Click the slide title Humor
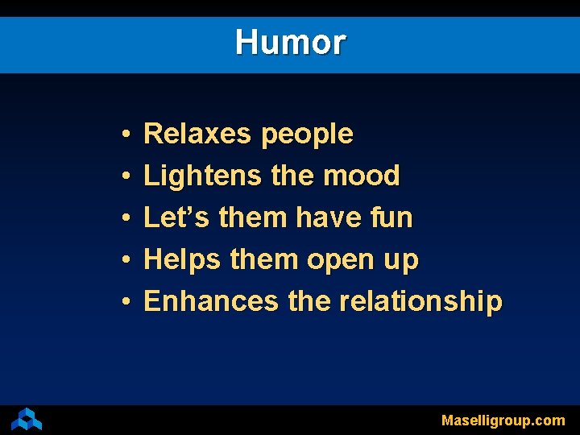point(290,42)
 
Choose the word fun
point(391,217)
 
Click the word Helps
point(182,260)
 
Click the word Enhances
point(211,301)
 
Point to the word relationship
point(420,302)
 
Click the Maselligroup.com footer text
point(503,420)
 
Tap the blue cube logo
point(27,419)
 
